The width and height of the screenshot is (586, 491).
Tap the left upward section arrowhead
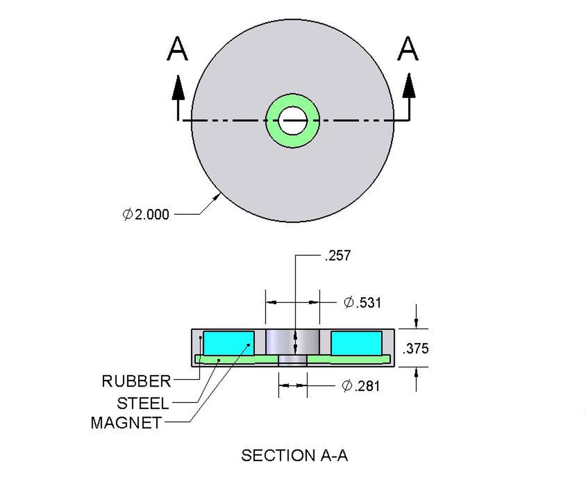pyautogui.click(x=178, y=87)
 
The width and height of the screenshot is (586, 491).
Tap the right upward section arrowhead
pyautogui.click(x=409, y=86)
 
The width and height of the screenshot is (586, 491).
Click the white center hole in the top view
pyautogui.click(x=292, y=121)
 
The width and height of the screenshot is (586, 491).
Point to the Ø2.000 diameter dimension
pyautogui.click(x=146, y=214)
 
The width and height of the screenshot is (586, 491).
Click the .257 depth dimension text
pyautogui.click(x=338, y=256)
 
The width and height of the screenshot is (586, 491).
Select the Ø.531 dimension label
pyautogui.click(x=363, y=302)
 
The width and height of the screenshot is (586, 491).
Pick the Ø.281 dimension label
pyautogui.click(x=361, y=386)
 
